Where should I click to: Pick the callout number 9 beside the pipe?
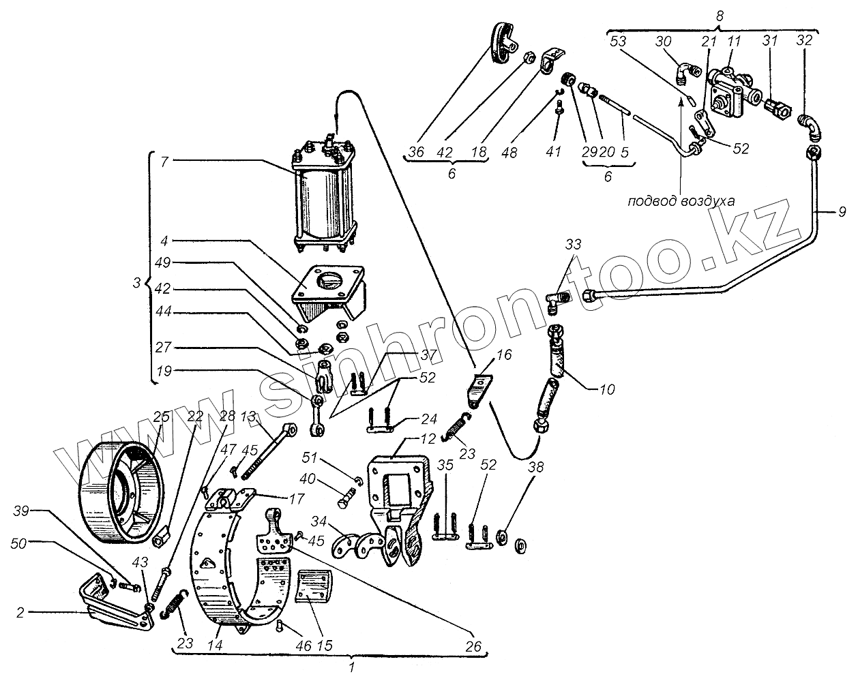(842, 213)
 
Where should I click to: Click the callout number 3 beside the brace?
(137, 280)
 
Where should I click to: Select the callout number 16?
(504, 356)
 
